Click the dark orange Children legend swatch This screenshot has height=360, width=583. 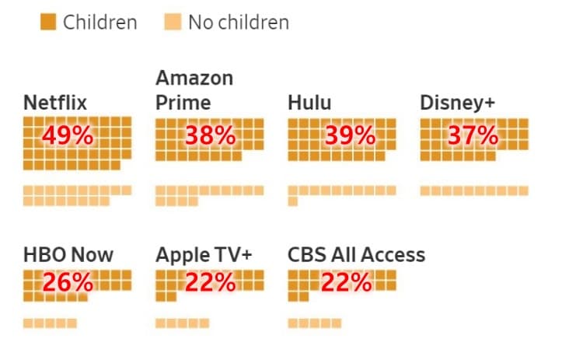48,23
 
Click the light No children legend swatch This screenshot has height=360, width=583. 173,23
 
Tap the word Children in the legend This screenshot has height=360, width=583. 99,23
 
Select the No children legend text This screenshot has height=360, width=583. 238,23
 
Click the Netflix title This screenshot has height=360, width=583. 55,103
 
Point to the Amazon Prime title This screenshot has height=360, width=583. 194,91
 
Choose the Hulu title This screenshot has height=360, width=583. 309,103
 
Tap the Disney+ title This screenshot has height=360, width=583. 457,103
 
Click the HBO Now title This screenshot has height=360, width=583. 68,254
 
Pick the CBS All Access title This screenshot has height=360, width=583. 356,254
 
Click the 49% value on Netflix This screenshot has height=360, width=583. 68,136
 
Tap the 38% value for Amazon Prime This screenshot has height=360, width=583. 209,136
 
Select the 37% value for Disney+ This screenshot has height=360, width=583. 473,136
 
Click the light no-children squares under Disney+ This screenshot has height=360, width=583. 474,190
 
